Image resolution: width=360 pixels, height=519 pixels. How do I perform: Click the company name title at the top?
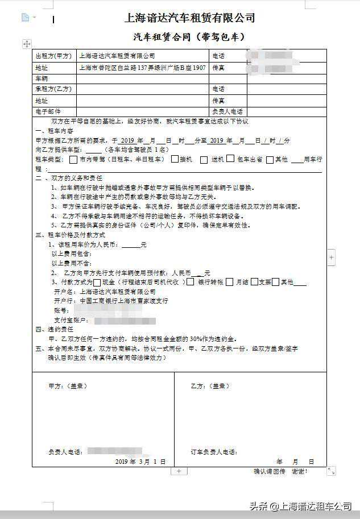point(189,18)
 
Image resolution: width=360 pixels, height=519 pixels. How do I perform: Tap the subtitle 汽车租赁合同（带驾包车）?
point(189,37)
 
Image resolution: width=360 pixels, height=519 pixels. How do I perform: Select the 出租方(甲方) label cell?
point(54,56)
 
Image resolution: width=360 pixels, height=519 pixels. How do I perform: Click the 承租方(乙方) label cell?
point(54,89)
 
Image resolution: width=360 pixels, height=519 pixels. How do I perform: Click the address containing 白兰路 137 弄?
point(143,67)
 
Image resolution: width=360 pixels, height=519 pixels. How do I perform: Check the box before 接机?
point(175,160)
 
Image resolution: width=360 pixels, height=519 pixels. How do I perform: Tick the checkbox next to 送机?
point(204,160)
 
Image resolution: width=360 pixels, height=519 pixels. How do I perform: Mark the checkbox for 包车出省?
point(230,160)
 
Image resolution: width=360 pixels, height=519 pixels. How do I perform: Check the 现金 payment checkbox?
point(97,282)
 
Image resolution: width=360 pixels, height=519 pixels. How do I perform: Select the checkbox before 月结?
point(229,282)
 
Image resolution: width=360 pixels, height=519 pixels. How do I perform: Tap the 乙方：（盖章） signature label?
point(210,386)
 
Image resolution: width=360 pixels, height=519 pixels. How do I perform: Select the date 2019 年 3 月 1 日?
point(140,462)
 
